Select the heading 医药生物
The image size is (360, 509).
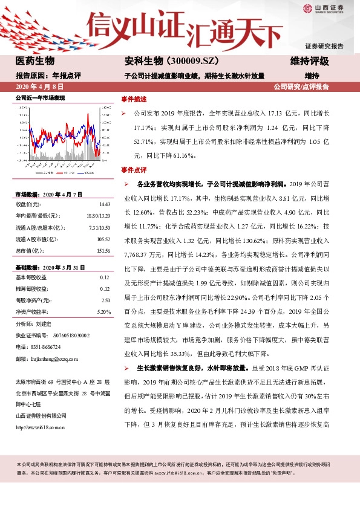[x=34, y=61]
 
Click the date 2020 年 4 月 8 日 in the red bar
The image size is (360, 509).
[x=38, y=86]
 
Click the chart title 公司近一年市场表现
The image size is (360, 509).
[x=40, y=97]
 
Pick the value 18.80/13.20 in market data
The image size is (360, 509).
[x=99, y=216]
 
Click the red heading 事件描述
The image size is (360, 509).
[x=133, y=98]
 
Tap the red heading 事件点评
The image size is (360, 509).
[x=133, y=170]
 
